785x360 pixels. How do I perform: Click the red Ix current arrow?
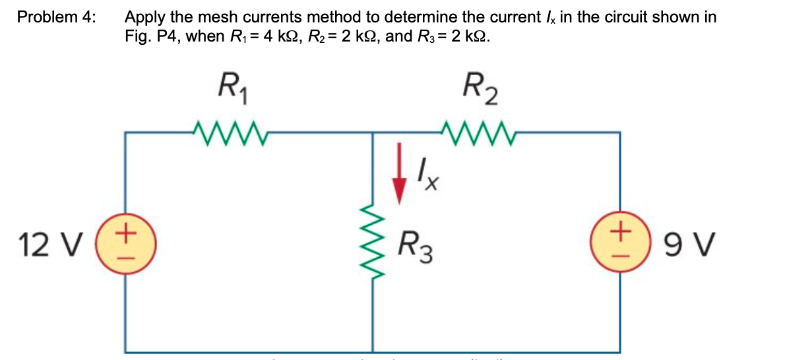coord(398,179)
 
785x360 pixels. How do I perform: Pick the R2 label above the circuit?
coord(480,88)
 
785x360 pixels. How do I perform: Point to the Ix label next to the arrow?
coord(428,177)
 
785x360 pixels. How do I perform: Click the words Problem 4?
coord(56,16)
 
